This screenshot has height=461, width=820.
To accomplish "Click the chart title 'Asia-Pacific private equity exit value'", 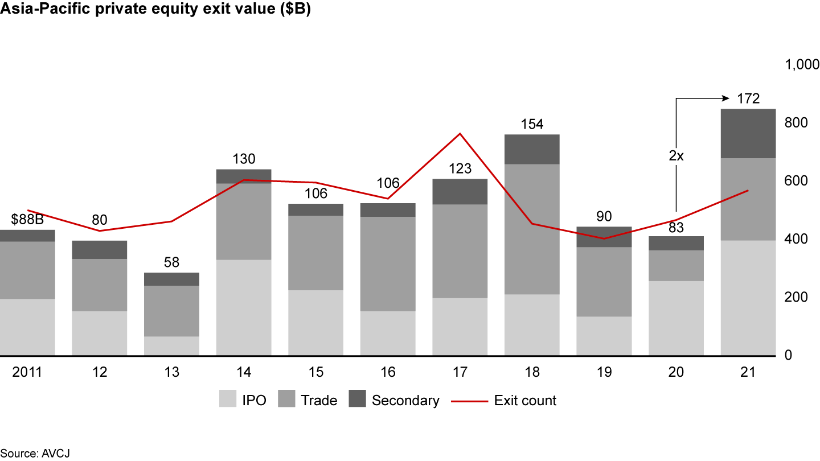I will [155, 10].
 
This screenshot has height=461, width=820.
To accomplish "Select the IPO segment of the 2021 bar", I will [748, 298].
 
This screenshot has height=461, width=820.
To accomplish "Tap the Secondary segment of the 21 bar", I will [748, 133].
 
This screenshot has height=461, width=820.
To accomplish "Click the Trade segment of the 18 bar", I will [532, 229].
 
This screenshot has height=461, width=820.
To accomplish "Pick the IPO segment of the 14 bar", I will [244, 307].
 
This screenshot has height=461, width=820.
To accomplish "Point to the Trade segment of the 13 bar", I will [171, 311].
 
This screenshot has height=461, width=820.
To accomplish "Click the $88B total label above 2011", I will [27, 220].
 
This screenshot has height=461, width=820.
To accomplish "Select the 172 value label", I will [748, 98].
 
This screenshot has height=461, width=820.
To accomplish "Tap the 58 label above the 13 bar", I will [171, 262].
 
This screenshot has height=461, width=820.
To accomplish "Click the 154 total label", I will [532, 124].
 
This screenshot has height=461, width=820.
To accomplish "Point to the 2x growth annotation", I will [676, 155].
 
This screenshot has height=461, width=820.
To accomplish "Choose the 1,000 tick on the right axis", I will [802, 65].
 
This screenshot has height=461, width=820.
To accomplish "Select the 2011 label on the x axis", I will [27, 372].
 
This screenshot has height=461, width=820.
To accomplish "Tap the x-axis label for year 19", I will [604, 372].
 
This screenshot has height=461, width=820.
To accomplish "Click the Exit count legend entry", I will [524, 401].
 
